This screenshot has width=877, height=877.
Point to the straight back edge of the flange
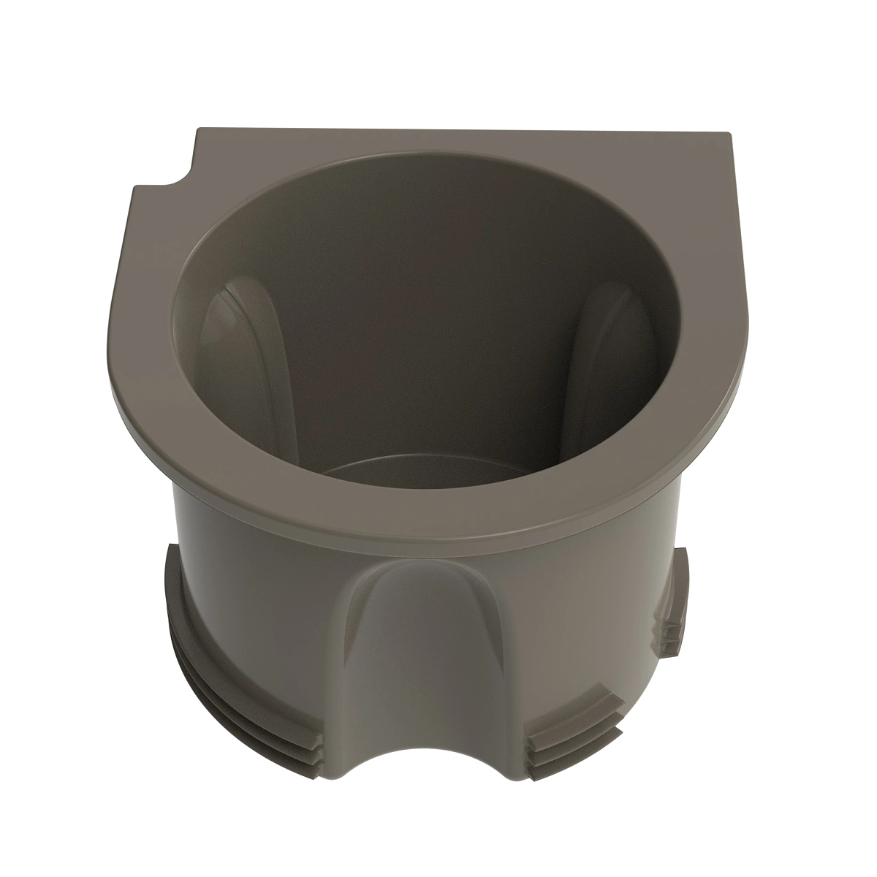(x=460, y=133)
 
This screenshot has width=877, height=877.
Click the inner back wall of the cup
(x=431, y=292)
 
